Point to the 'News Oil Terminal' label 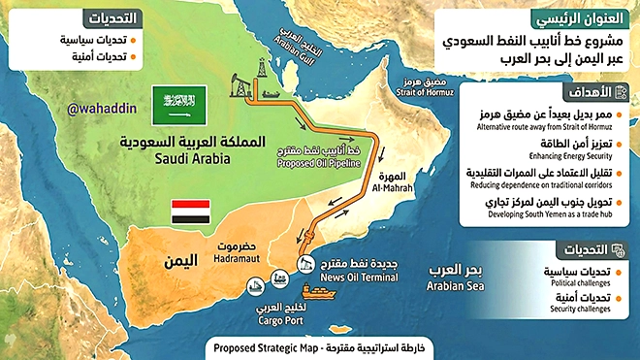tap(350, 278)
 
